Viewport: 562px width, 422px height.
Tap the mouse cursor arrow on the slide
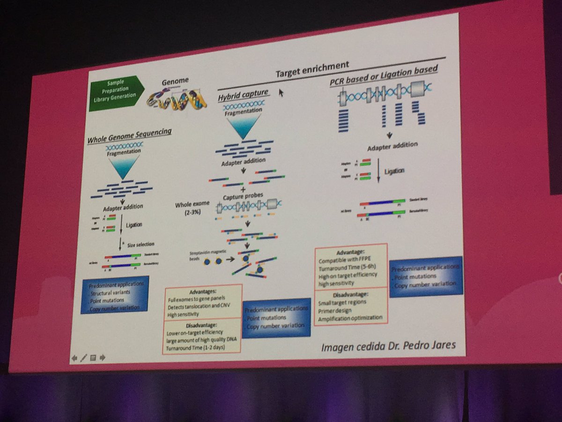tap(281, 92)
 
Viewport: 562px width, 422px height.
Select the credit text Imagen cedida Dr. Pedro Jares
tap(388, 347)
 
